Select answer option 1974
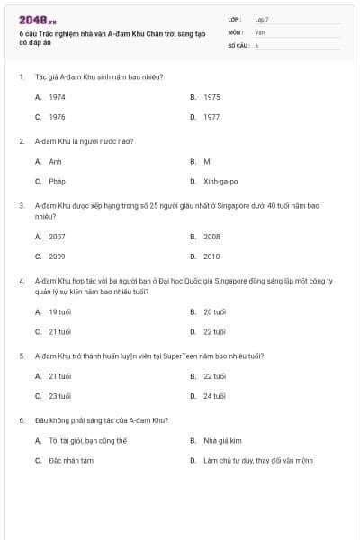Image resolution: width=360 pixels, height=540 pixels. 57,96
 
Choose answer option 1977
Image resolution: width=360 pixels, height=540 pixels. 211,117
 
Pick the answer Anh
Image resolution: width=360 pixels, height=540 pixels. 55,162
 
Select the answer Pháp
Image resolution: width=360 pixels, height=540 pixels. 57,182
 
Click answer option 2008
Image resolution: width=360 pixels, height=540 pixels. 211,237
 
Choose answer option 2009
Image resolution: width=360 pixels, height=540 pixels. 57,256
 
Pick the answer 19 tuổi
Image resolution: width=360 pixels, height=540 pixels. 59,311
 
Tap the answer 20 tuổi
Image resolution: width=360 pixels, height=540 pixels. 214,311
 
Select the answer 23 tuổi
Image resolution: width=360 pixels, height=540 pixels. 59,396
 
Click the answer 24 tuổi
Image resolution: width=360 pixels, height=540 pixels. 214,396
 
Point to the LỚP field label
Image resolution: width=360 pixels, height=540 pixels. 235,19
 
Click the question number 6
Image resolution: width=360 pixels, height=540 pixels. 21,420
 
